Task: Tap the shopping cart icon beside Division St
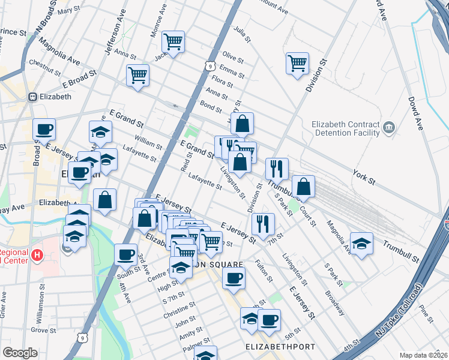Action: [297, 63]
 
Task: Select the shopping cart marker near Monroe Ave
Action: [173, 42]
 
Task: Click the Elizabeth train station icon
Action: [32, 96]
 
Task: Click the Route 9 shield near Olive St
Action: [209, 65]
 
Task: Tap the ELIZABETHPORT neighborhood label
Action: [272, 347]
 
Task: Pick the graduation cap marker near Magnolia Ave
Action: [361, 243]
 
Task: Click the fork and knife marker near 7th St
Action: [263, 224]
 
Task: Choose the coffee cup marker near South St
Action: [125, 254]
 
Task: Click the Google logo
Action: [20, 353]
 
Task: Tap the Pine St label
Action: [427, 311]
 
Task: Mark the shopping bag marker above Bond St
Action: [242, 124]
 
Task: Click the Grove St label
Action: [43, 330]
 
